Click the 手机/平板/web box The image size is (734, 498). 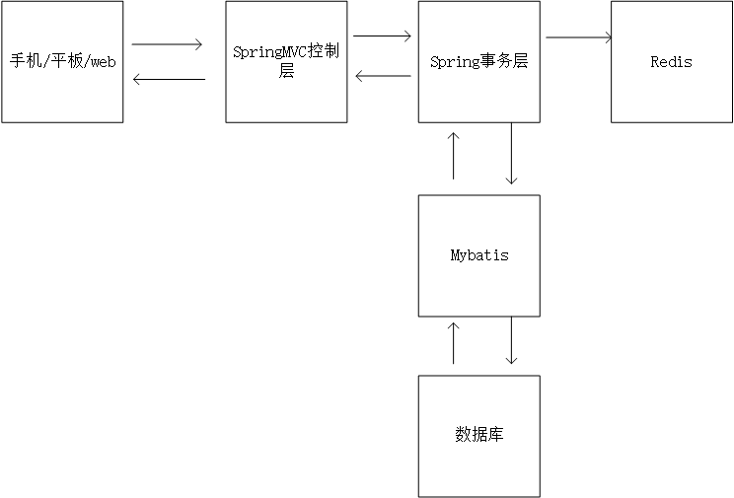pos(62,61)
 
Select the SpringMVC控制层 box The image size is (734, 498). pos(286,61)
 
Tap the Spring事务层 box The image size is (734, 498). pos(478,61)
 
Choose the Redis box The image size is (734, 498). pos(671,61)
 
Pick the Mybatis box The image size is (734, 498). pos(478,255)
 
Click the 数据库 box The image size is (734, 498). pos(478,435)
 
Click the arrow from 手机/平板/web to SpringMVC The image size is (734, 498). pos(167,44)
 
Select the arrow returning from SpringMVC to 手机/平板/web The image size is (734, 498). pos(168,79)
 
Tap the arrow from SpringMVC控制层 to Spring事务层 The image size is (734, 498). pos(382,36)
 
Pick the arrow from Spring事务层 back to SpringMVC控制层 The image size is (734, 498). pos(383,76)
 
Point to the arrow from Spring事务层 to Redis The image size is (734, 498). pos(578,38)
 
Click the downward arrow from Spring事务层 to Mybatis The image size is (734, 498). pos(511,154)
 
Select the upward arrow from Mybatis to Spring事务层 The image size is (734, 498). pos(453,155)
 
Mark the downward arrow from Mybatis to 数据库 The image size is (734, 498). pos(511,341)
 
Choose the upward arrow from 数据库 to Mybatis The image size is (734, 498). pos(453,342)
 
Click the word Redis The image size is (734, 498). pos(671,61)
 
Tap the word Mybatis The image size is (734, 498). pos(478,255)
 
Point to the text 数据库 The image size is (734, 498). pos(478,435)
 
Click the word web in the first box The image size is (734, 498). pos(104,61)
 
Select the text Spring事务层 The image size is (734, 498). pos(478,61)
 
